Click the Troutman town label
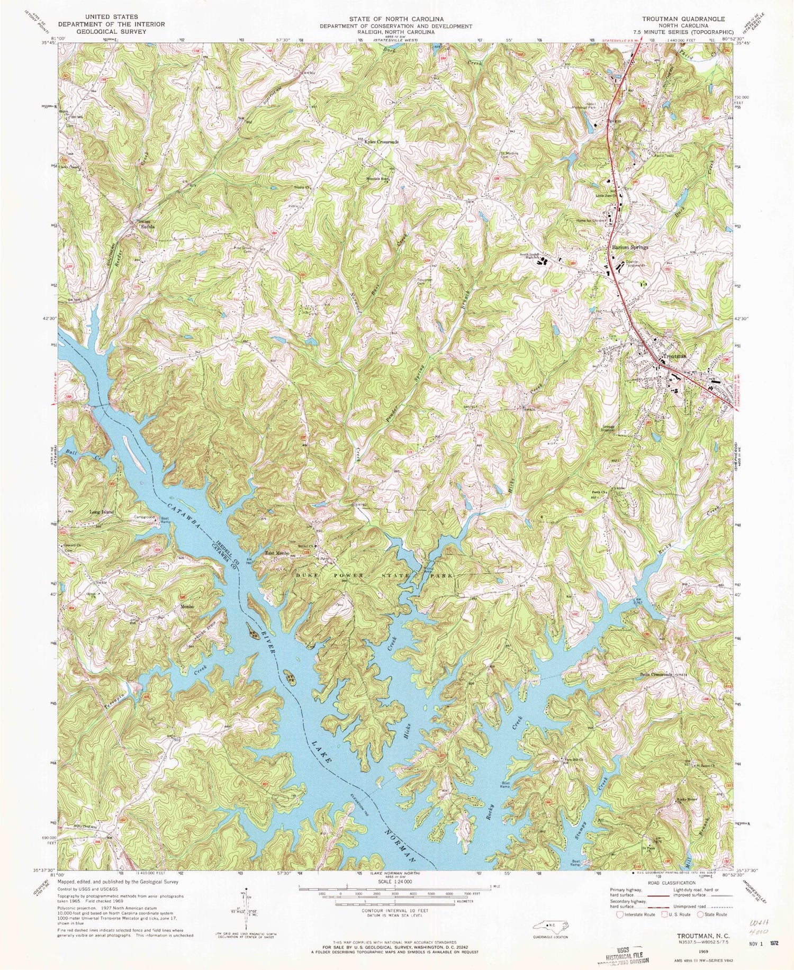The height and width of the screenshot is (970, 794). pos(673,357)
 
